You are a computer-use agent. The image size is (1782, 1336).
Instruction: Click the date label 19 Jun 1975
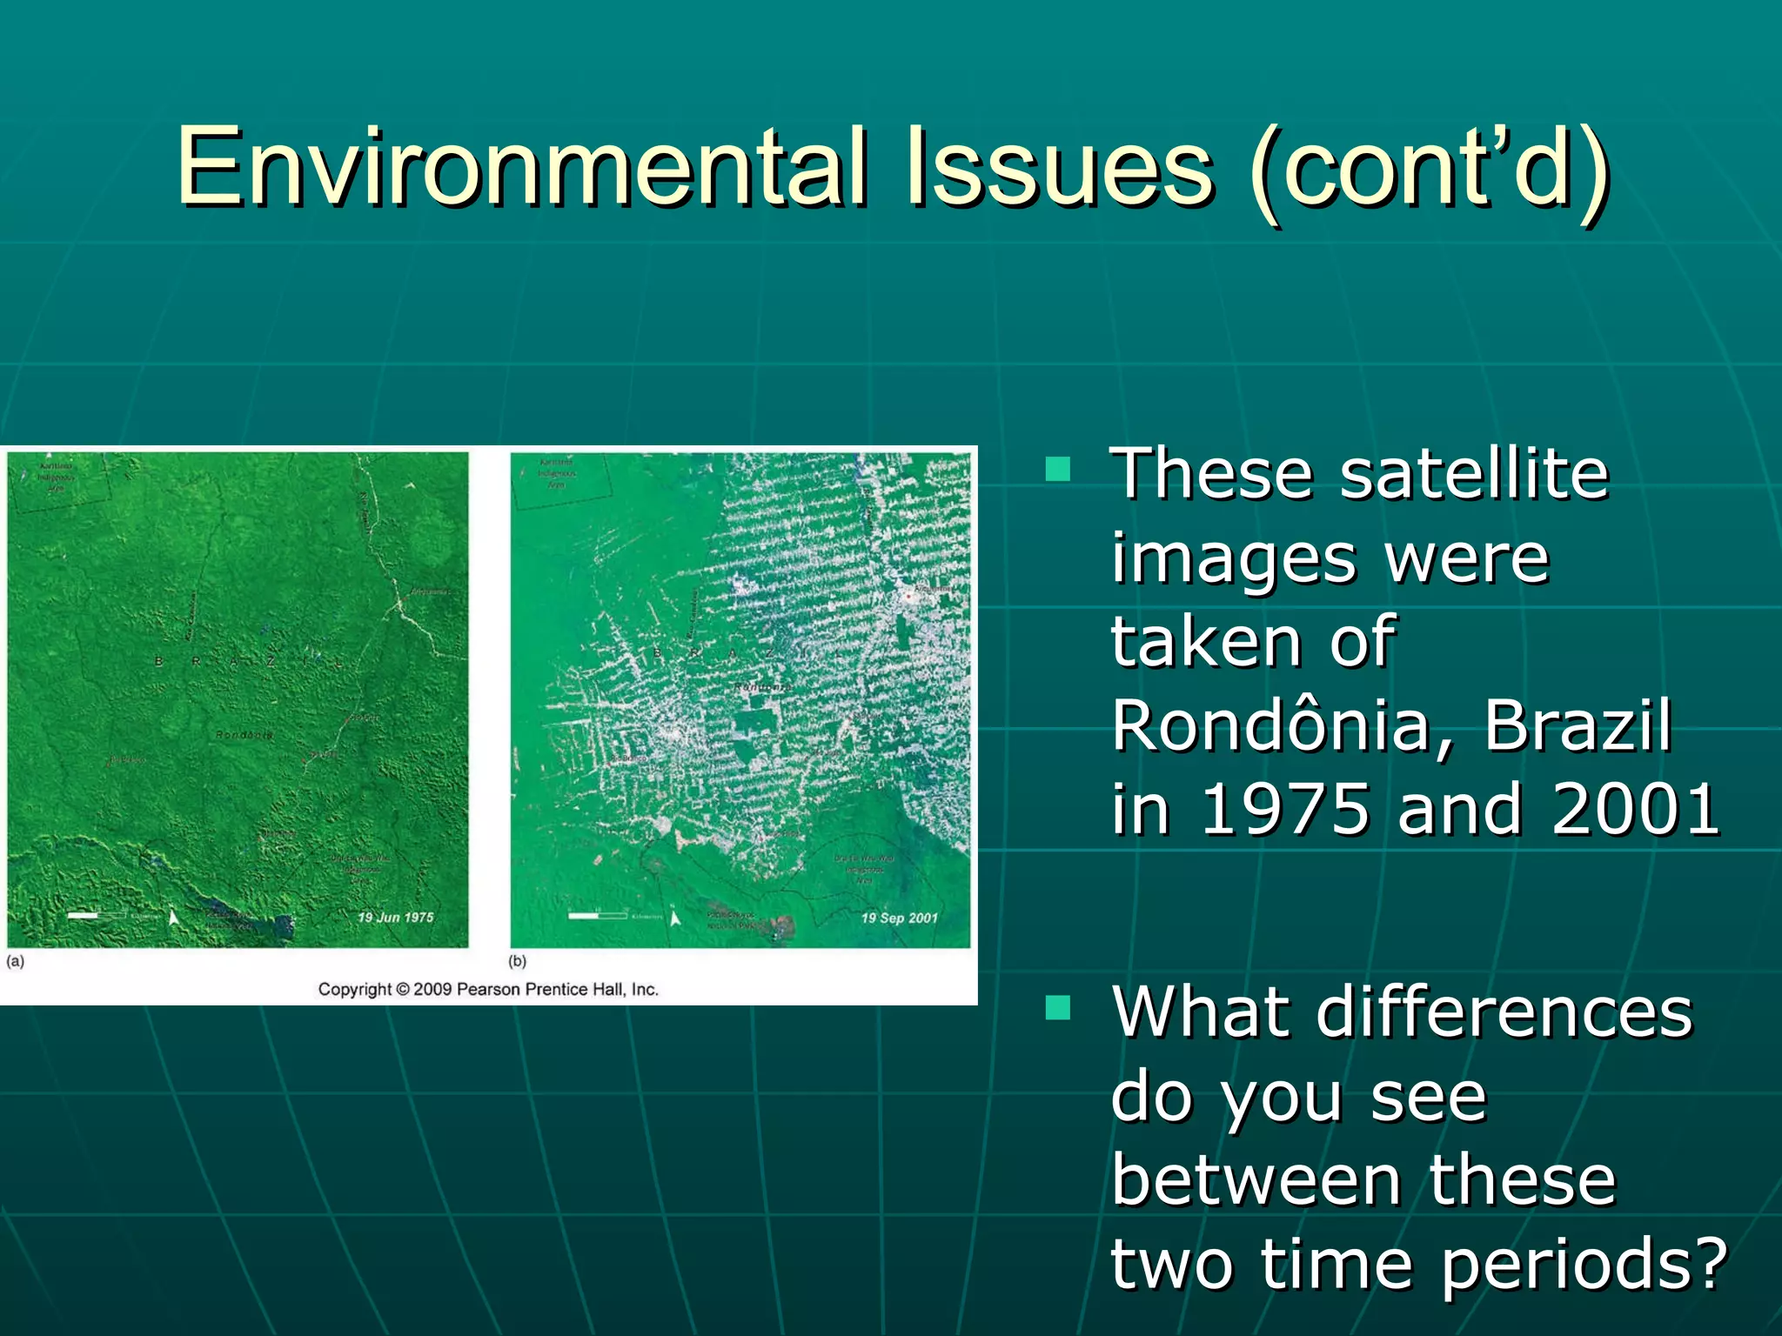click(395, 917)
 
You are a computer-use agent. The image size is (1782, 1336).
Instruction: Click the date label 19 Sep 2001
click(899, 918)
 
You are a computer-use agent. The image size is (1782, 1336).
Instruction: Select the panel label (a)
click(16, 961)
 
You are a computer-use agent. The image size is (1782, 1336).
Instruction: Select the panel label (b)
click(518, 961)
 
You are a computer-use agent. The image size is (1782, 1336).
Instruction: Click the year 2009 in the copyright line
click(432, 989)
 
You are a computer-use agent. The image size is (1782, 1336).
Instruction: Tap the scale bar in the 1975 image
click(96, 915)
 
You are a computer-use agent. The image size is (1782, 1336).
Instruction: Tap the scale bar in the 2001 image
click(597, 915)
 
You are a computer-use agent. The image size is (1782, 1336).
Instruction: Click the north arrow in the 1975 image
click(174, 917)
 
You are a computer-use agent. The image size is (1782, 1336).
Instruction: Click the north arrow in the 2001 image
click(675, 917)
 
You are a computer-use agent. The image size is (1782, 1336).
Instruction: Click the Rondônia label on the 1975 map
click(245, 735)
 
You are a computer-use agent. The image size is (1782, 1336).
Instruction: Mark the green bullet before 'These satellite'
click(1057, 470)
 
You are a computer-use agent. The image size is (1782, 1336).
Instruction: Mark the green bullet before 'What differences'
click(1057, 1008)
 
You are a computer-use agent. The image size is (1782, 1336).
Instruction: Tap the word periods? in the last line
click(1584, 1264)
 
